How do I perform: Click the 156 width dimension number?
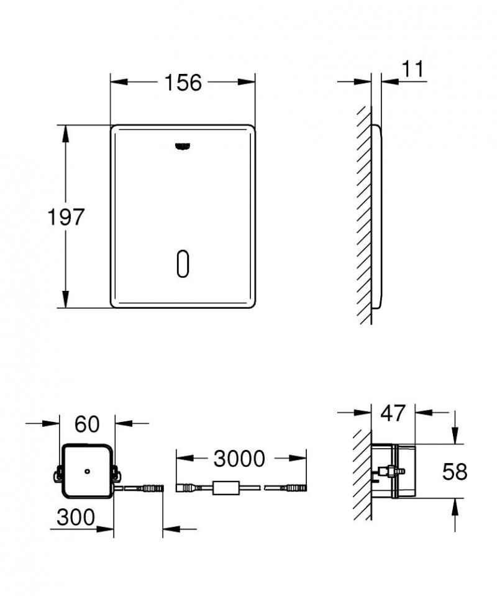(183, 83)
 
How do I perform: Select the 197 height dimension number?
(66, 217)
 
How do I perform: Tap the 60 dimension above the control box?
(87, 424)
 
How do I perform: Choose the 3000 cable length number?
(239, 459)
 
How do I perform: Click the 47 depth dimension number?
(393, 413)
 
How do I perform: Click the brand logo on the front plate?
(183, 147)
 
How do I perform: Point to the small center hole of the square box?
(88, 471)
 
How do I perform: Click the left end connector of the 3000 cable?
(186, 487)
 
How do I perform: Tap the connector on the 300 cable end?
(152, 488)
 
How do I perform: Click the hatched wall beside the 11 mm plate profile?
(364, 218)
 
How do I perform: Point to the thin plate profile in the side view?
(376, 218)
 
